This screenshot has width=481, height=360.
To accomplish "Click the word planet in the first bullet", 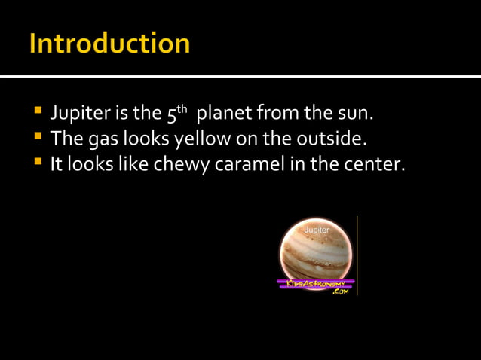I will tap(225, 116).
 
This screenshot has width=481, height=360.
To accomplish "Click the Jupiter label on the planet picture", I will tap(317, 227).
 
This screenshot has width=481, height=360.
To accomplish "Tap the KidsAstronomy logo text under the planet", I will tap(316, 283).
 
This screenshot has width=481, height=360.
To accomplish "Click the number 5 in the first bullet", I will tap(170, 116).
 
